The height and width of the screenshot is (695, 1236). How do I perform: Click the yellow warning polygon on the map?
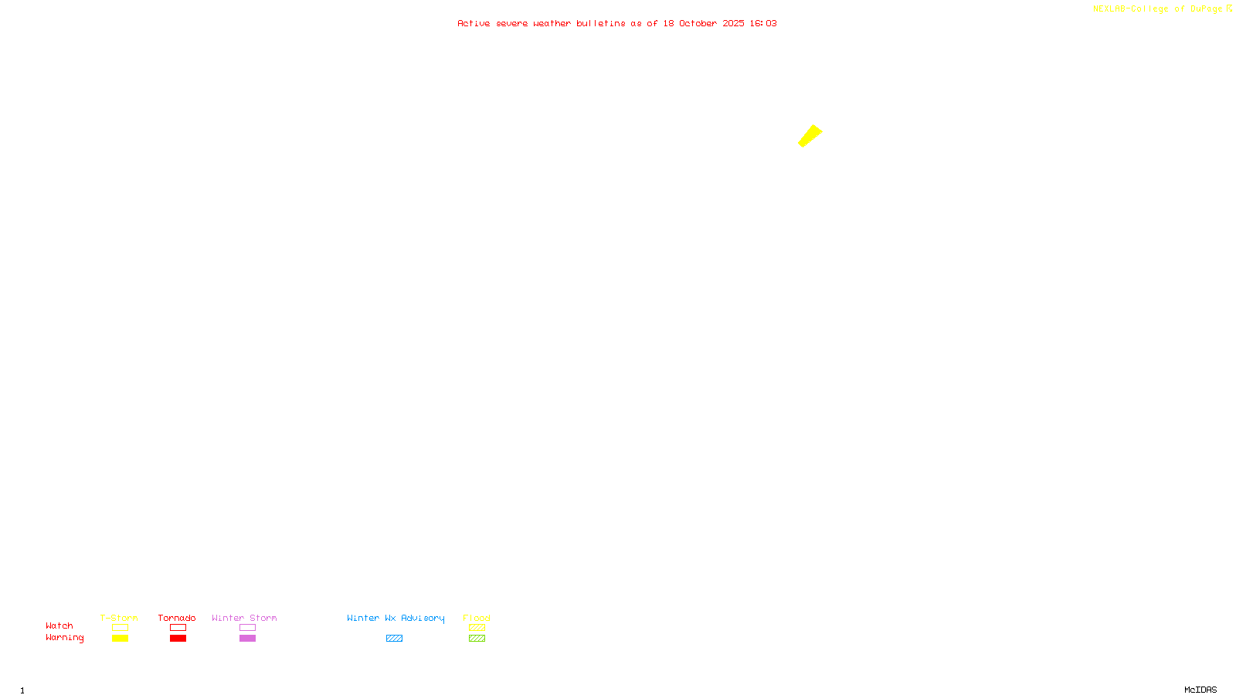point(810,136)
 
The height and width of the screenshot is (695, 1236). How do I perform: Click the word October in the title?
point(698,23)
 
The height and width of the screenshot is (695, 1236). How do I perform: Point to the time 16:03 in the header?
point(763,23)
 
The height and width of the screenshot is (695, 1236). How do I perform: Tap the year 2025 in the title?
point(733,23)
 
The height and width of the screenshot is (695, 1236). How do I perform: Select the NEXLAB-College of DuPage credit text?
point(1157,8)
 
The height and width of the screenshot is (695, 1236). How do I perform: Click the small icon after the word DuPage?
point(1229,8)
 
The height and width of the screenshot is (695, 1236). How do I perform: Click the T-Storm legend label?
point(119,618)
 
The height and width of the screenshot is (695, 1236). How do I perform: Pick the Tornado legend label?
point(177,618)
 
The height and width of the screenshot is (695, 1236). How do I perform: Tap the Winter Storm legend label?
point(244,618)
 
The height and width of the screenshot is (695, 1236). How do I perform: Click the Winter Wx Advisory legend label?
point(396,618)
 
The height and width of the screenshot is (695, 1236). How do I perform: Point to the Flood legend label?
point(477,618)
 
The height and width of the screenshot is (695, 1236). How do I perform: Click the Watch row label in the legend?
point(59,625)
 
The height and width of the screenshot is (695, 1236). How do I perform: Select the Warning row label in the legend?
point(65,638)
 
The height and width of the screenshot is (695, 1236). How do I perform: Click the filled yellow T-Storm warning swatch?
point(120,639)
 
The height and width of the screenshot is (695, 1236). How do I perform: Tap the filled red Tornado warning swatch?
point(178,639)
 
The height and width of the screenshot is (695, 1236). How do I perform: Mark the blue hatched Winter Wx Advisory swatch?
point(394,639)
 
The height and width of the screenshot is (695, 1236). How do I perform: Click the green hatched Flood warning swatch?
point(477,639)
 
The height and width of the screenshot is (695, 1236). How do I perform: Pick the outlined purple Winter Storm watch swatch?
point(247,628)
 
